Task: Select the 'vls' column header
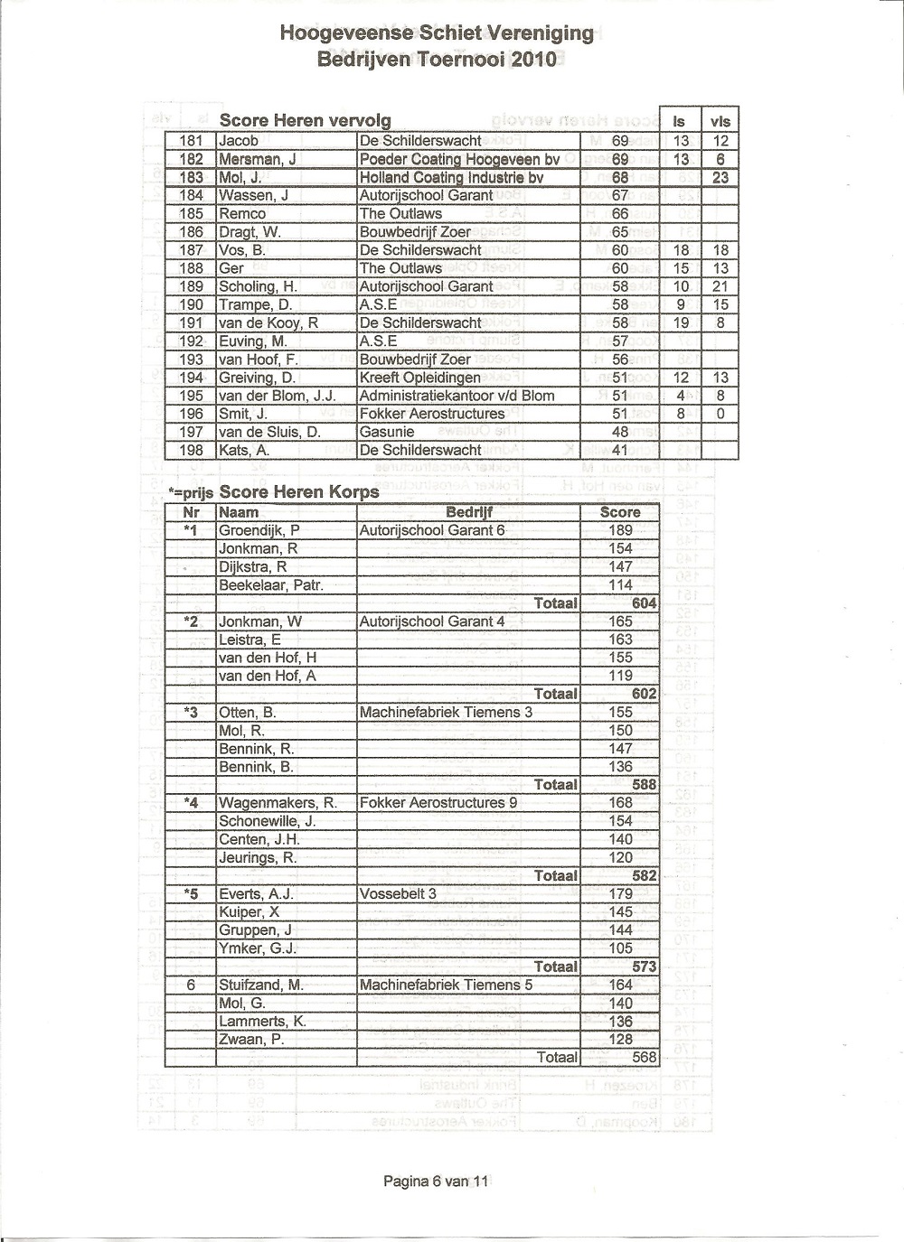(720, 122)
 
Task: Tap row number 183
(192, 177)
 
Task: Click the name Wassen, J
(253, 195)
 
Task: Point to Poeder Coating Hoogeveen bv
(459, 159)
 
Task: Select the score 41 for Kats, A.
(620, 450)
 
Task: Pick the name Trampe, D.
(255, 304)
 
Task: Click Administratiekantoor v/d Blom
(457, 396)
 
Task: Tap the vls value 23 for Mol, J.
(720, 177)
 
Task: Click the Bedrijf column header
(469, 512)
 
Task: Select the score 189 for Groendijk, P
(620, 530)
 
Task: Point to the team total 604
(644, 603)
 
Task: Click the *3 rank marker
(190, 713)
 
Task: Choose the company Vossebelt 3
(398, 894)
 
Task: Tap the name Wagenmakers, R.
(278, 803)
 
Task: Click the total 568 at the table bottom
(644, 1057)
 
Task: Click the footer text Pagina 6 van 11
(436, 1180)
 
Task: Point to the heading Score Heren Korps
(299, 492)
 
